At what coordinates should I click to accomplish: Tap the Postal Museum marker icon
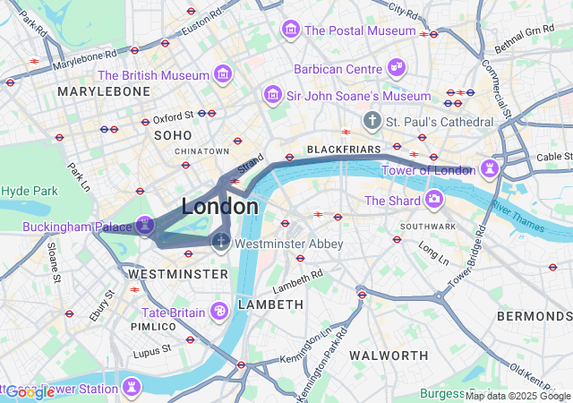click(290, 30)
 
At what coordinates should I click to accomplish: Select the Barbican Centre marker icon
click(396, 68)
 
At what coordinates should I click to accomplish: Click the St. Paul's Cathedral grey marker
click(372, 120)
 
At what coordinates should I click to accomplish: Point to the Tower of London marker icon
click(489, 168)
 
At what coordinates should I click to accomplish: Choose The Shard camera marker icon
click(434, 199)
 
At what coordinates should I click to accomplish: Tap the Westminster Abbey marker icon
click(220, 241)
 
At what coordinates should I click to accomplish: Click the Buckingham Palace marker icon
click(145, 226)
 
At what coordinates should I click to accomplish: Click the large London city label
click(220, 206)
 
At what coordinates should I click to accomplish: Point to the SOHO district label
click(173, 134)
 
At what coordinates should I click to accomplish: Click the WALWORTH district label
click(389, 356)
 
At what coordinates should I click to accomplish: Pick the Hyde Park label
click(30, 191)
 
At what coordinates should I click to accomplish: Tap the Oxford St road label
click(173, 117)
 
